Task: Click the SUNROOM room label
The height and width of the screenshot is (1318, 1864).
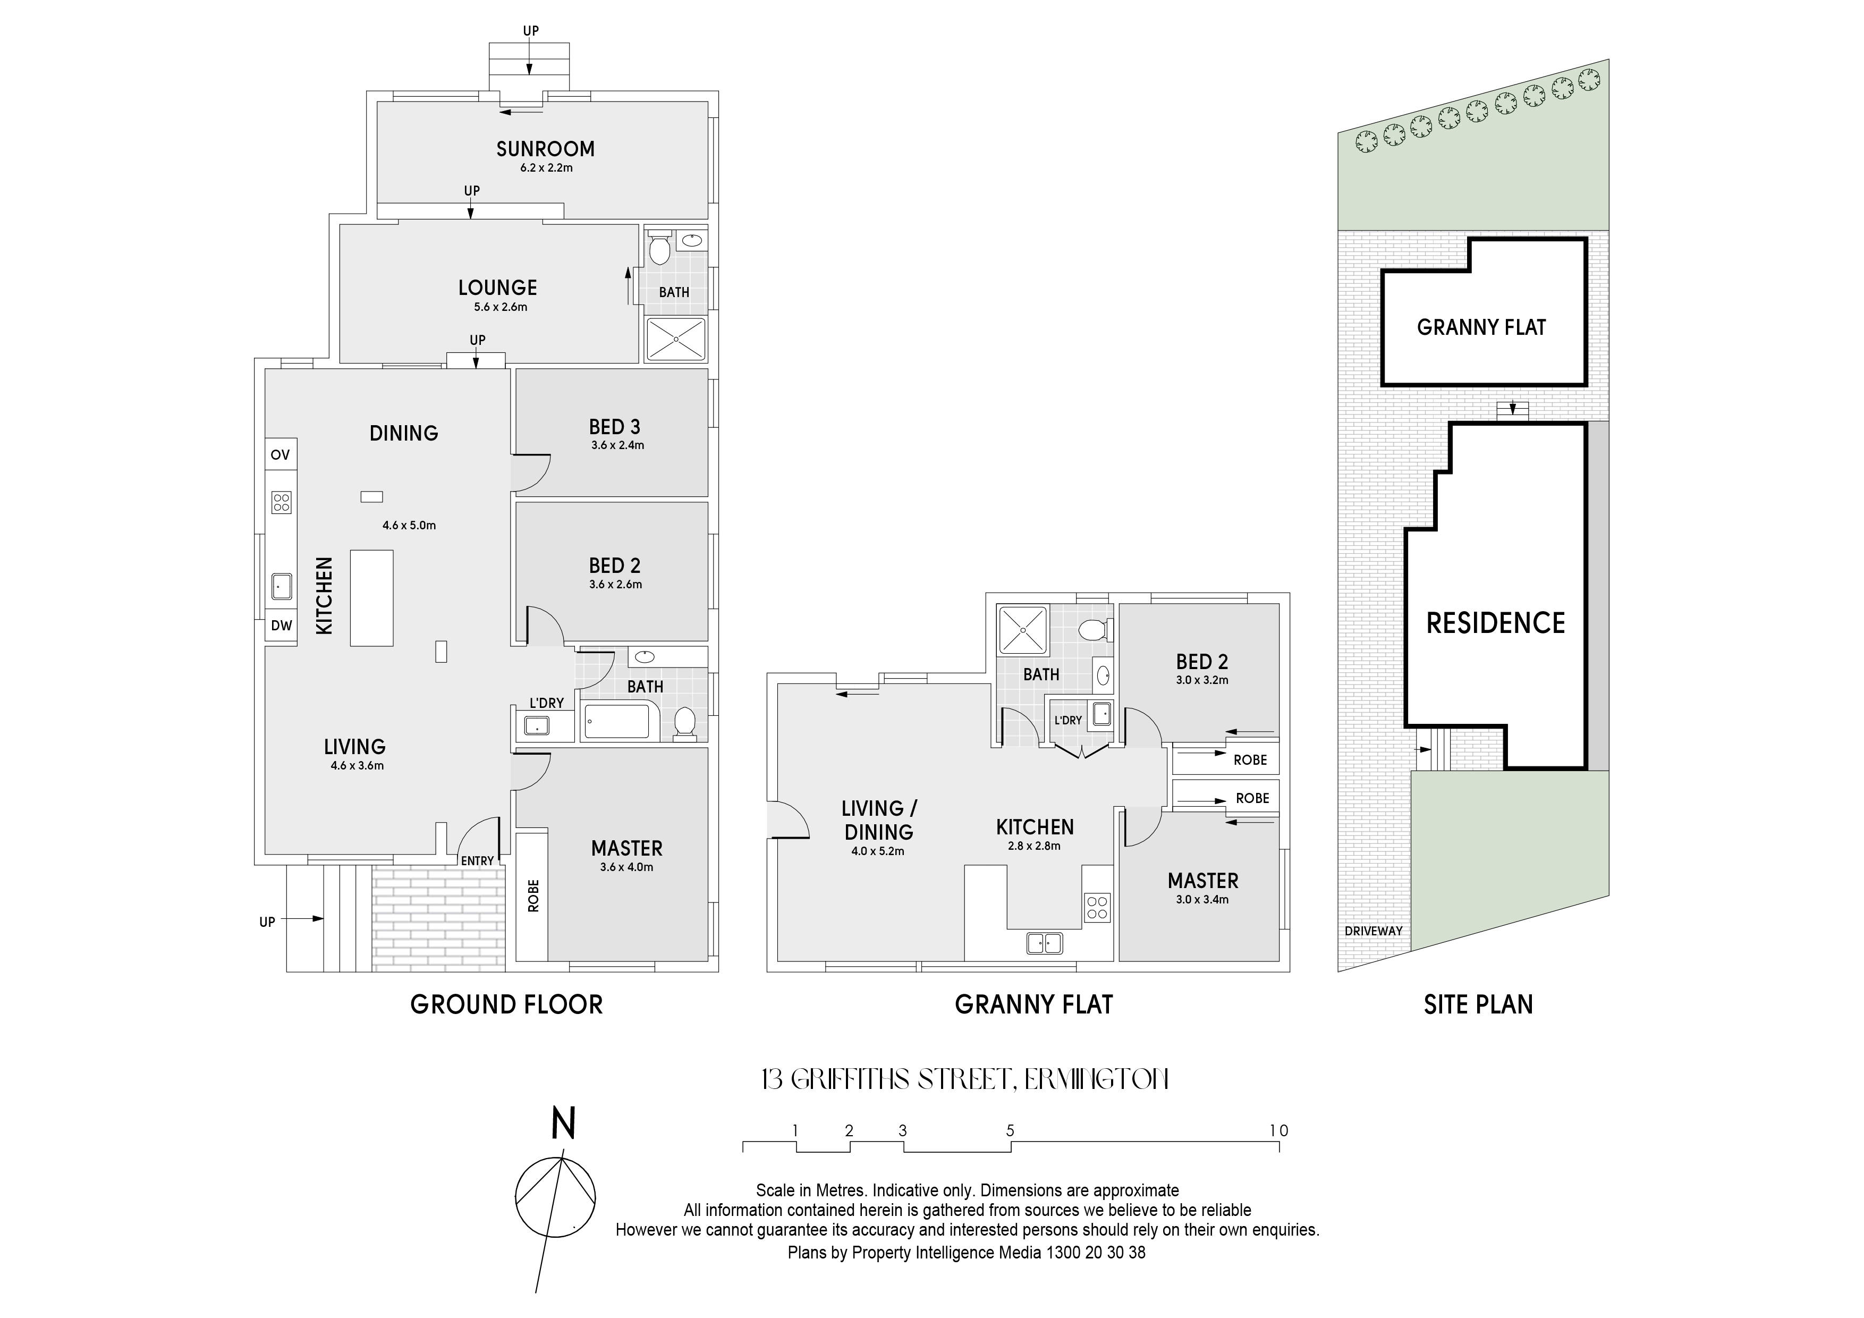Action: point(546,149)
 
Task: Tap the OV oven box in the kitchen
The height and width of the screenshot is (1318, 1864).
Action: point(280,455)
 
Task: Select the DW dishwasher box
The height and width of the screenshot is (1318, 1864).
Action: point(281,626)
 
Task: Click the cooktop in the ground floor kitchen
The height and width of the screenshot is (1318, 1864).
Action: point(281,502)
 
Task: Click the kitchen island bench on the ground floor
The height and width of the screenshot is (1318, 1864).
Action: point(372,598)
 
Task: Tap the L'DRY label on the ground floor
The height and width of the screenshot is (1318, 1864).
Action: point(546,703)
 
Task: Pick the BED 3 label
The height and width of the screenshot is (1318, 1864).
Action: point(615,426)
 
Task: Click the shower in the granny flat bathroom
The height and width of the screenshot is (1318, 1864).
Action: point(1023,629)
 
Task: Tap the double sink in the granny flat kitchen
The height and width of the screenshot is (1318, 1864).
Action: point(1045,943)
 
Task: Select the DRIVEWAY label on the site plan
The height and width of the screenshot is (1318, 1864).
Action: point(1374,931)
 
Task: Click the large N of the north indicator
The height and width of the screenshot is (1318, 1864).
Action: point(563,1124)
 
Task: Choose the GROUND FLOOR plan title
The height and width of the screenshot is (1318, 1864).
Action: point(506,1004)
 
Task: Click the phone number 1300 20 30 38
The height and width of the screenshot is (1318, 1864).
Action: point(1095,1252)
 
